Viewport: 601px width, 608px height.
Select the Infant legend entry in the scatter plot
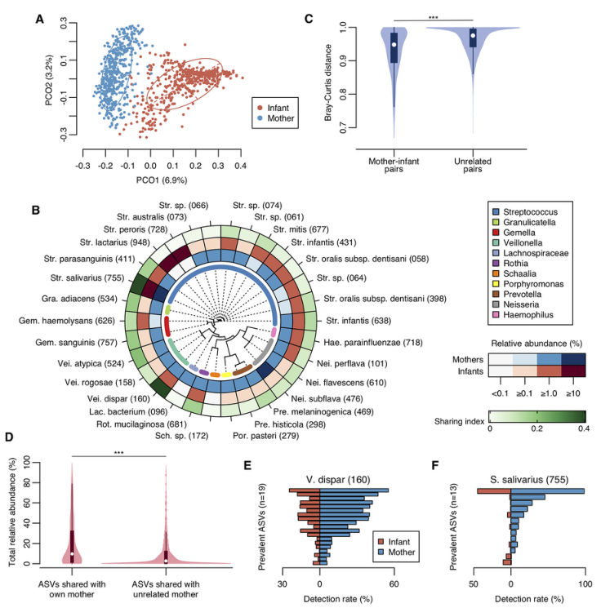click(283, 106)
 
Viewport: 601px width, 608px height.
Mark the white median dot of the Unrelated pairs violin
click(473, 35)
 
